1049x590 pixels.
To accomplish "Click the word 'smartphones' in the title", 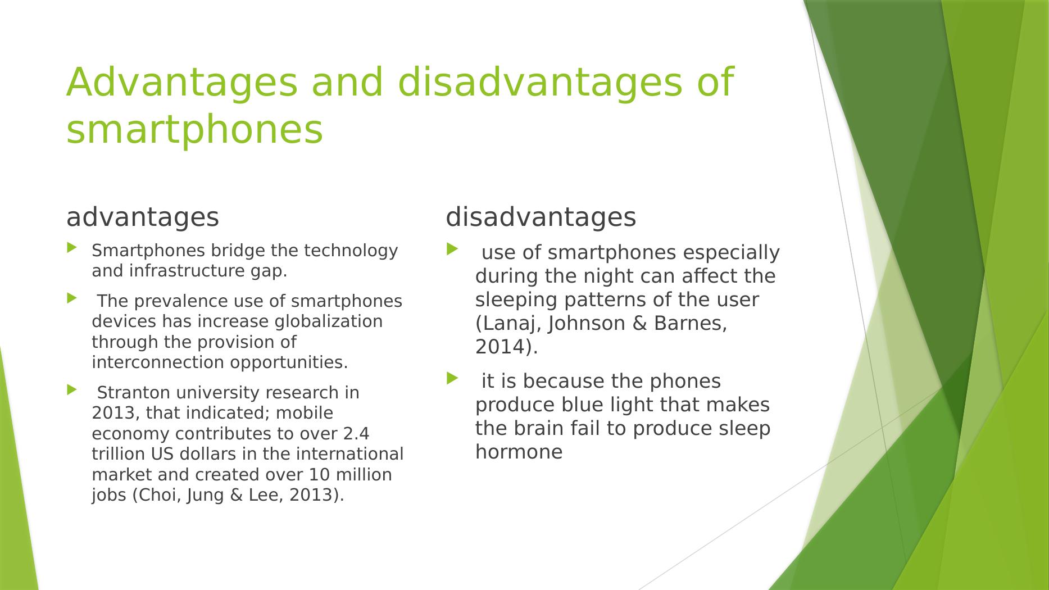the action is [194, 130].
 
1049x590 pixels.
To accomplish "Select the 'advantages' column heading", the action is [143, 217].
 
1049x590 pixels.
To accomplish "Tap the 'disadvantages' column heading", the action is [541, 217].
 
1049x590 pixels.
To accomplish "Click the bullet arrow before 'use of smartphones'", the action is [452, 248].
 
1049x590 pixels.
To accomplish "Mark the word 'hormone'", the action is [519, 452].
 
